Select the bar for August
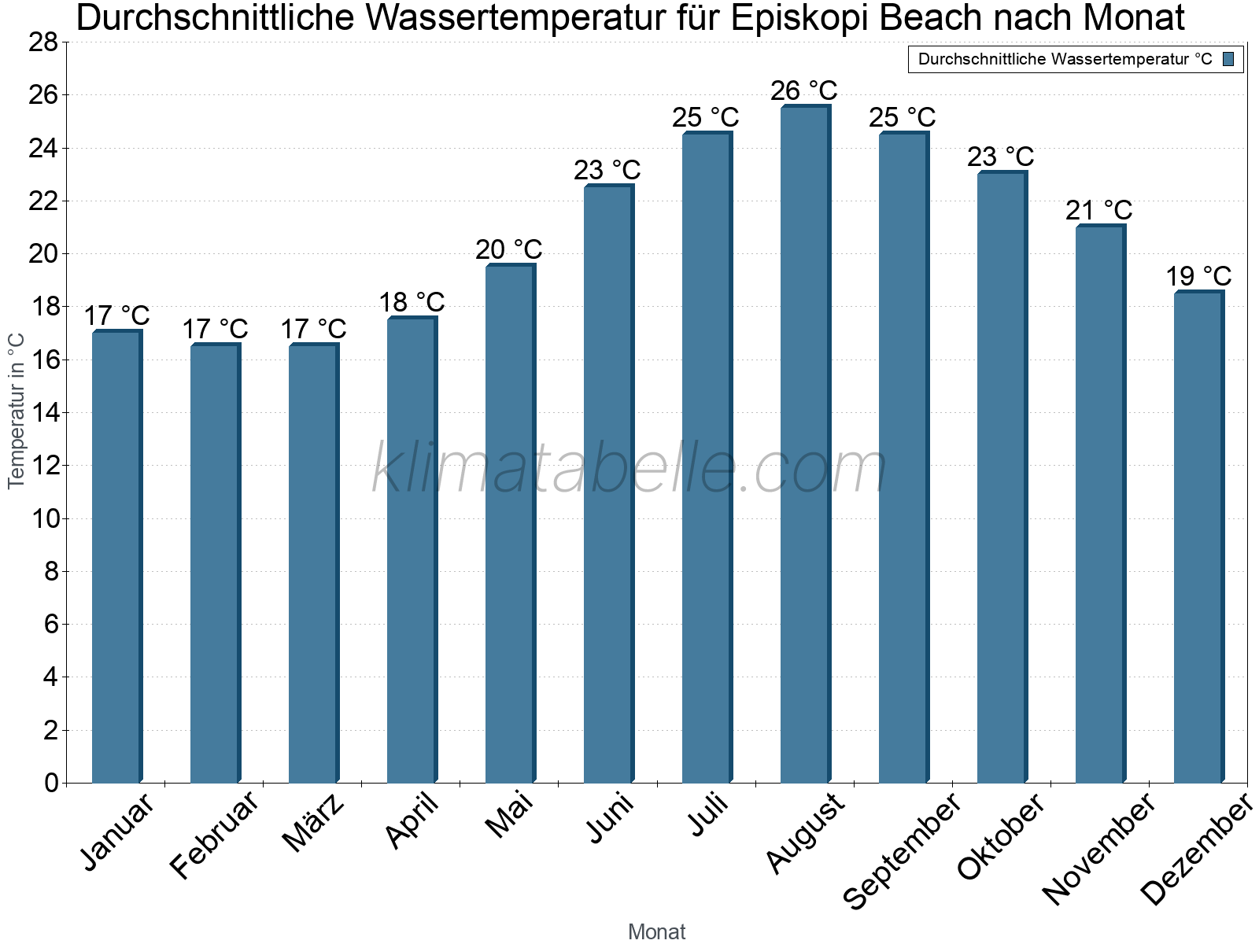click(805, 444)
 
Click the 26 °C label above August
click(803, 90)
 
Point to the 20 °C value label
click(508, 249)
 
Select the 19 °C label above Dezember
click(1198, 276)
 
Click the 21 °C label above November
click(1098, 210)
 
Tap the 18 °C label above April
click(412, 301)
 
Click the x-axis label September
click(902, 850)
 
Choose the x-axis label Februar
click(214, 834)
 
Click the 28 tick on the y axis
click(43, 42)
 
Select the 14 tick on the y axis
click(43, 412)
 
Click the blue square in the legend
click(1228, 59)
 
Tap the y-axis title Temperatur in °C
click(17, 411)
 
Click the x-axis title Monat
click(656, 931)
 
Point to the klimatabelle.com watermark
click(629, 469)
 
